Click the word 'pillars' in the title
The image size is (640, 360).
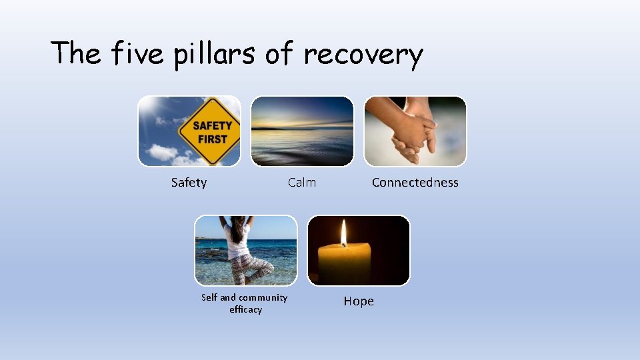214,53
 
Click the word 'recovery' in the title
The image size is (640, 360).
363,53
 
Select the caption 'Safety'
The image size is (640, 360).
189,183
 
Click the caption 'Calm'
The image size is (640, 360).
302,183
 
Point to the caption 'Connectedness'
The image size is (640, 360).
415,183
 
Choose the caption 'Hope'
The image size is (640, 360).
359,301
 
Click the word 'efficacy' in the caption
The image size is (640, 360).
245,309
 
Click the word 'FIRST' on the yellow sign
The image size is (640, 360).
212,139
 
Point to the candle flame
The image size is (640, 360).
344,233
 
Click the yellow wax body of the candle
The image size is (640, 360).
344,263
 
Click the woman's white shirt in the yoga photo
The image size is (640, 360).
237,241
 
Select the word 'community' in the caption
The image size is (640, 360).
263,297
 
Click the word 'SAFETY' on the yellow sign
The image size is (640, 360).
212,125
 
